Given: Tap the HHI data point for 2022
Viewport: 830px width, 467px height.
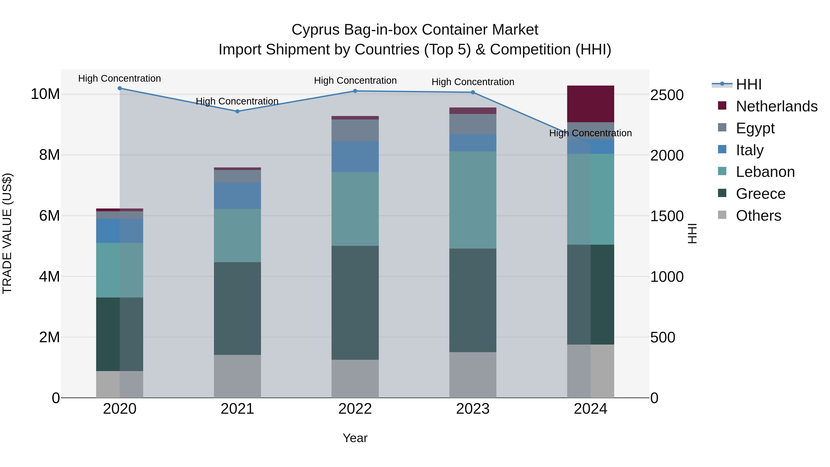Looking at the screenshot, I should coord(355,91).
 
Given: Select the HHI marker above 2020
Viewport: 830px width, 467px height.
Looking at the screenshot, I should coord(119,88).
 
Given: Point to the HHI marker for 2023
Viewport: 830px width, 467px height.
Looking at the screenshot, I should coord(473,92).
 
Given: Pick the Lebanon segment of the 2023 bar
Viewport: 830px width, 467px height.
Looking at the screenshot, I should coord(473,200).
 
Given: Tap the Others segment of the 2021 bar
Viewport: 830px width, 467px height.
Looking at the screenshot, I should coord(237,376).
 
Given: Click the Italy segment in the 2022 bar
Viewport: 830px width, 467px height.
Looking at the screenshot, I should coord(355,157).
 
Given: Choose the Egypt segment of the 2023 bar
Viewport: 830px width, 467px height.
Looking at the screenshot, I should coord(473,124).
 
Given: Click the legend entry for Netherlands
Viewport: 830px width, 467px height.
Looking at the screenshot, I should coord(777,106).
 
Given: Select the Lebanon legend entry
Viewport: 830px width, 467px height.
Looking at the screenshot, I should coord(765,172).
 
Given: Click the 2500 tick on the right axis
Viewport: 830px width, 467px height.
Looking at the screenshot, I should coord(667,95).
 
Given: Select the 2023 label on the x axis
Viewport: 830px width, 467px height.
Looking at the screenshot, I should coord(473,409).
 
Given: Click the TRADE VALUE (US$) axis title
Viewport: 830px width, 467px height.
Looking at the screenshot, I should coord(7,233).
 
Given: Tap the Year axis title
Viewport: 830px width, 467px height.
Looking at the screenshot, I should coord(355,438).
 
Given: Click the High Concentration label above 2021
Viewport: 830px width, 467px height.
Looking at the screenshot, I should coord(237,101).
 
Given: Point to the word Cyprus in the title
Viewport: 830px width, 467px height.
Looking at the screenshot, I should coord(316,30).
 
